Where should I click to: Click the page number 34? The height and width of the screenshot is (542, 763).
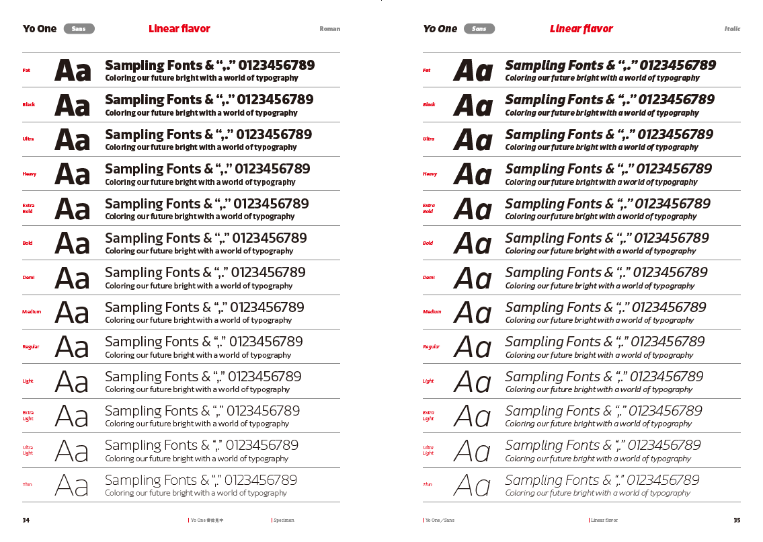pos(26,520)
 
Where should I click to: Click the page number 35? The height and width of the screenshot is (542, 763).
pos(737,520)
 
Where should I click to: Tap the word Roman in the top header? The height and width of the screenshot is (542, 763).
pos(329,29)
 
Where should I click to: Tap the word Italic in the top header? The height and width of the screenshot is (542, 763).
pos(732,29)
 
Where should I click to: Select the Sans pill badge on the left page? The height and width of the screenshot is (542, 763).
pos(79,29)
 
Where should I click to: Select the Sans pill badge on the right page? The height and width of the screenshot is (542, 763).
pos(479,29)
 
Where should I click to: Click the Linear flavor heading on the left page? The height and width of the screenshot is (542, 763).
pos(179,29)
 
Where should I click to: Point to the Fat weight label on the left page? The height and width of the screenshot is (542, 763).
pos(26,70)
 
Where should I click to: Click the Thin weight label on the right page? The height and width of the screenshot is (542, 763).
pos(428,484)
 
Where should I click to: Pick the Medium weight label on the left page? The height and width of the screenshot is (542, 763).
pos(32,312)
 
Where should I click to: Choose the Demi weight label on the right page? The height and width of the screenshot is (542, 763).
pos(429,278)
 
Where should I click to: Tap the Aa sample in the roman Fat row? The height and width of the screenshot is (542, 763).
pos(73,71)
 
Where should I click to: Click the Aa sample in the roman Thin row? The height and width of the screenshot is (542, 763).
pos(71,485)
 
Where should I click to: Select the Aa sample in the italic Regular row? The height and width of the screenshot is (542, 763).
pos(472,347)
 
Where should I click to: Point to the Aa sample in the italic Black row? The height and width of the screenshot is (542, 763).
pos(473,106)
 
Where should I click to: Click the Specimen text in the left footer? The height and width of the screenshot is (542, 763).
pos(284,520)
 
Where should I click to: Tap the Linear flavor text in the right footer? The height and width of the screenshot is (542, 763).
pos(604,520)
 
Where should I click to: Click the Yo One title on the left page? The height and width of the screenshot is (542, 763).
pos(40,29)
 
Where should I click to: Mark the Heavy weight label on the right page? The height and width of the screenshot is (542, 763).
pos(430,174)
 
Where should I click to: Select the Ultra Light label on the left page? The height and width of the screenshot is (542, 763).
pos(28,450)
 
